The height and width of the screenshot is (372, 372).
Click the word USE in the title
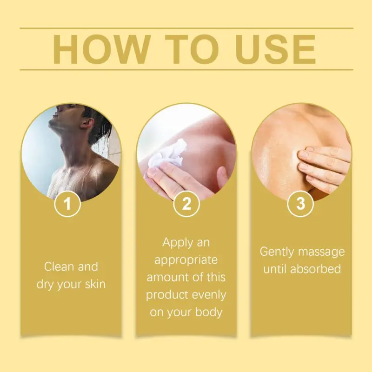click(275, 49)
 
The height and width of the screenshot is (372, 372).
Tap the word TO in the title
click(192, 49)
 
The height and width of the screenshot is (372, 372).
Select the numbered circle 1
click(67, 204)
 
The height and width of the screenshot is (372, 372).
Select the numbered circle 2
click(186, 204)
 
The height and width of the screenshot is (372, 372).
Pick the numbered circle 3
click(300, 204)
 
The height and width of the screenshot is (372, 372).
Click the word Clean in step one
click(59, 266)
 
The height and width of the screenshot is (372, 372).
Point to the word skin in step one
click(95, 284)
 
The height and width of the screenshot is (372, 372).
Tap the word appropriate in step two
click(186, 260)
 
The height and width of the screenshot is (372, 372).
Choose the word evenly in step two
click(209, 295)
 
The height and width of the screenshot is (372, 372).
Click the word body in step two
click(209, 312)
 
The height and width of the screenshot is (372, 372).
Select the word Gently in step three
click(277, 252)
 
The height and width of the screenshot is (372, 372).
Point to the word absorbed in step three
click(316, 269)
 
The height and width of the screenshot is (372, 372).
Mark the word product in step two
click(166, 295)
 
